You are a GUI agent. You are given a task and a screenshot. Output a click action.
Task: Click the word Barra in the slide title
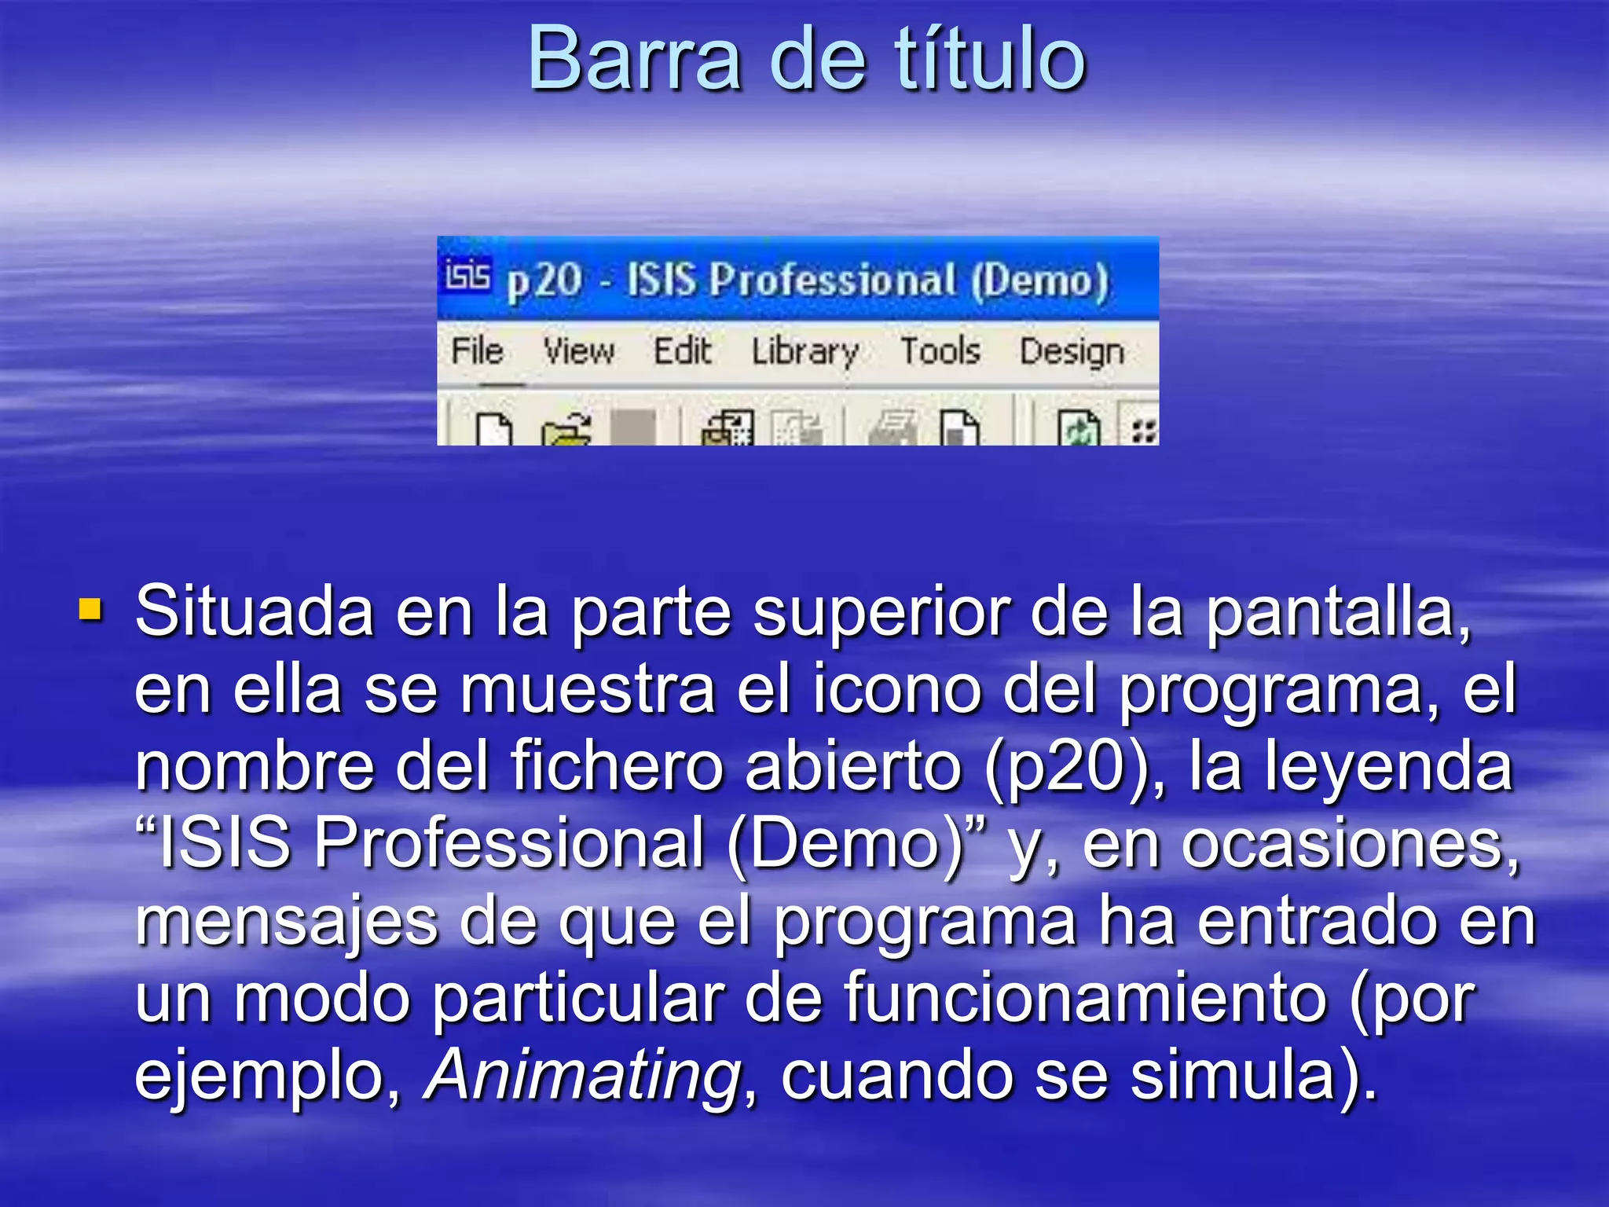tap(635, 59)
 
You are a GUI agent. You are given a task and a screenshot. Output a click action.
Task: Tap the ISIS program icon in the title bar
tap(467, 277)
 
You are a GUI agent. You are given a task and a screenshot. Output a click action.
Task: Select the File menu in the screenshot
tap(477, 350)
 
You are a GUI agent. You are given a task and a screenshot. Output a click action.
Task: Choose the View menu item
tap(579, 350)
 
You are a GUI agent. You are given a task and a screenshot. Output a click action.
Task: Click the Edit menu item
tap(682, 350)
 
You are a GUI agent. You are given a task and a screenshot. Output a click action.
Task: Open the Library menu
tap(804, 352)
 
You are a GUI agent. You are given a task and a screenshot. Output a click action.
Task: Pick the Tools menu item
tap(940, 350)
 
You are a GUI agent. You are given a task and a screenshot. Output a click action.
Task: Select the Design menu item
tap(1072, 352)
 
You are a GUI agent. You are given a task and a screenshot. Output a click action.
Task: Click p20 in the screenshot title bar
tap(544, 281)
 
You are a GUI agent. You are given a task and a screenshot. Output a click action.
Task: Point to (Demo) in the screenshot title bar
tap(1039, 281)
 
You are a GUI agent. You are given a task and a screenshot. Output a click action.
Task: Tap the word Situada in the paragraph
tap(254, 612)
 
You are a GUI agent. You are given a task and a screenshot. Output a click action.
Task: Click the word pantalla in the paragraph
tap(1336, 612)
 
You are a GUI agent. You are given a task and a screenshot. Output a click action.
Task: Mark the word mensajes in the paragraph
tap(287, 922)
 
